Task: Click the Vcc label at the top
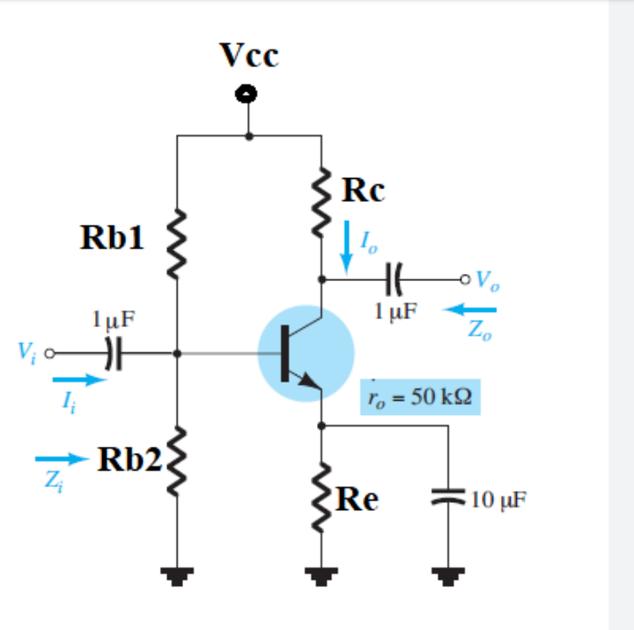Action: (249, 55)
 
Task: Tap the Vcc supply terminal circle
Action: (249, 93)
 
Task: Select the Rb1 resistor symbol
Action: (177, 238)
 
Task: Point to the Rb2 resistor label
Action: (129, 459)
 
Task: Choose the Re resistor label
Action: (358, 500)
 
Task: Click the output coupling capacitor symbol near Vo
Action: (394, 280)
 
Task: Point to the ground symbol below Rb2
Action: (177, 577)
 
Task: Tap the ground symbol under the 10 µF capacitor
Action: (449, 577)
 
